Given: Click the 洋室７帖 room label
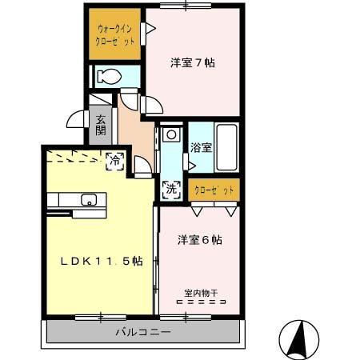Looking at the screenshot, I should tap(193, 62).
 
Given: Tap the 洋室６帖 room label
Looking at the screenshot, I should tap(199, 239).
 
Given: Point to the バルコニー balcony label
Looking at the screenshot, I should tap(142, 331).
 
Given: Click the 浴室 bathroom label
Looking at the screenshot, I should tap(201, 147).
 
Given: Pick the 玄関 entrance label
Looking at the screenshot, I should tap(101, 126).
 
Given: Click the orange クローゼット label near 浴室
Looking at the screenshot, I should tap(214, 190).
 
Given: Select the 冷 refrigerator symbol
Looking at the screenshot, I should tap(115, 160).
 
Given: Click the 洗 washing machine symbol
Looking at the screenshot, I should tap(170, 190).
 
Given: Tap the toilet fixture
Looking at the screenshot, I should tap(108, 77).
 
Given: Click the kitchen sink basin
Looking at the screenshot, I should tap(88, 199).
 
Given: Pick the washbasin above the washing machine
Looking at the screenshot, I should tap(170, 134).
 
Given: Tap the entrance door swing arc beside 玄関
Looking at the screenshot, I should tap(76, 119).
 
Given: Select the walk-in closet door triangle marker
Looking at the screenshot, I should tap(148, 29).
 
